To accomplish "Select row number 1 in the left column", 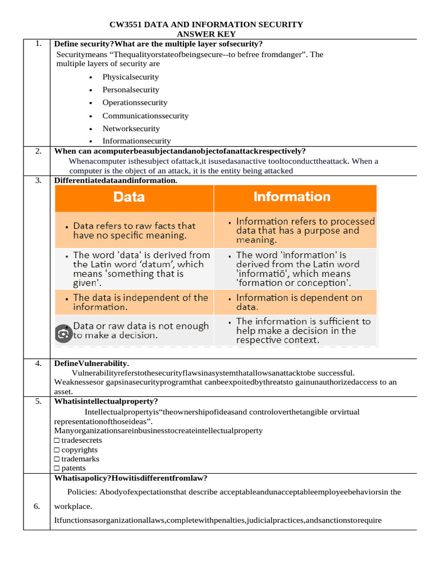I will [37, 44].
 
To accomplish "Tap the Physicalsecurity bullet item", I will [130, 77].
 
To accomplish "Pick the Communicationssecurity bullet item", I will [145, 116].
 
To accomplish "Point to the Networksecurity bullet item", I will [131, 128].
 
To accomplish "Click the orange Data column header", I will [129, 197].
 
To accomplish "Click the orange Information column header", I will [292, 197].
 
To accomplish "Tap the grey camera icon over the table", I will [63, 334].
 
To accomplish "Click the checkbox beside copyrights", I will [57, 450].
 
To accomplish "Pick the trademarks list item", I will [80, 459].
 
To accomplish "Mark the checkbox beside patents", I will [57, 468].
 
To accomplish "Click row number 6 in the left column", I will [37, 506].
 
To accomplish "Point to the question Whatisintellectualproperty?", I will [106, 401].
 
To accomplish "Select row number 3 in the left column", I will [37, 180].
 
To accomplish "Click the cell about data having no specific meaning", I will [134, 230].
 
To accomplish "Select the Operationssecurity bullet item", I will [135, 103].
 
